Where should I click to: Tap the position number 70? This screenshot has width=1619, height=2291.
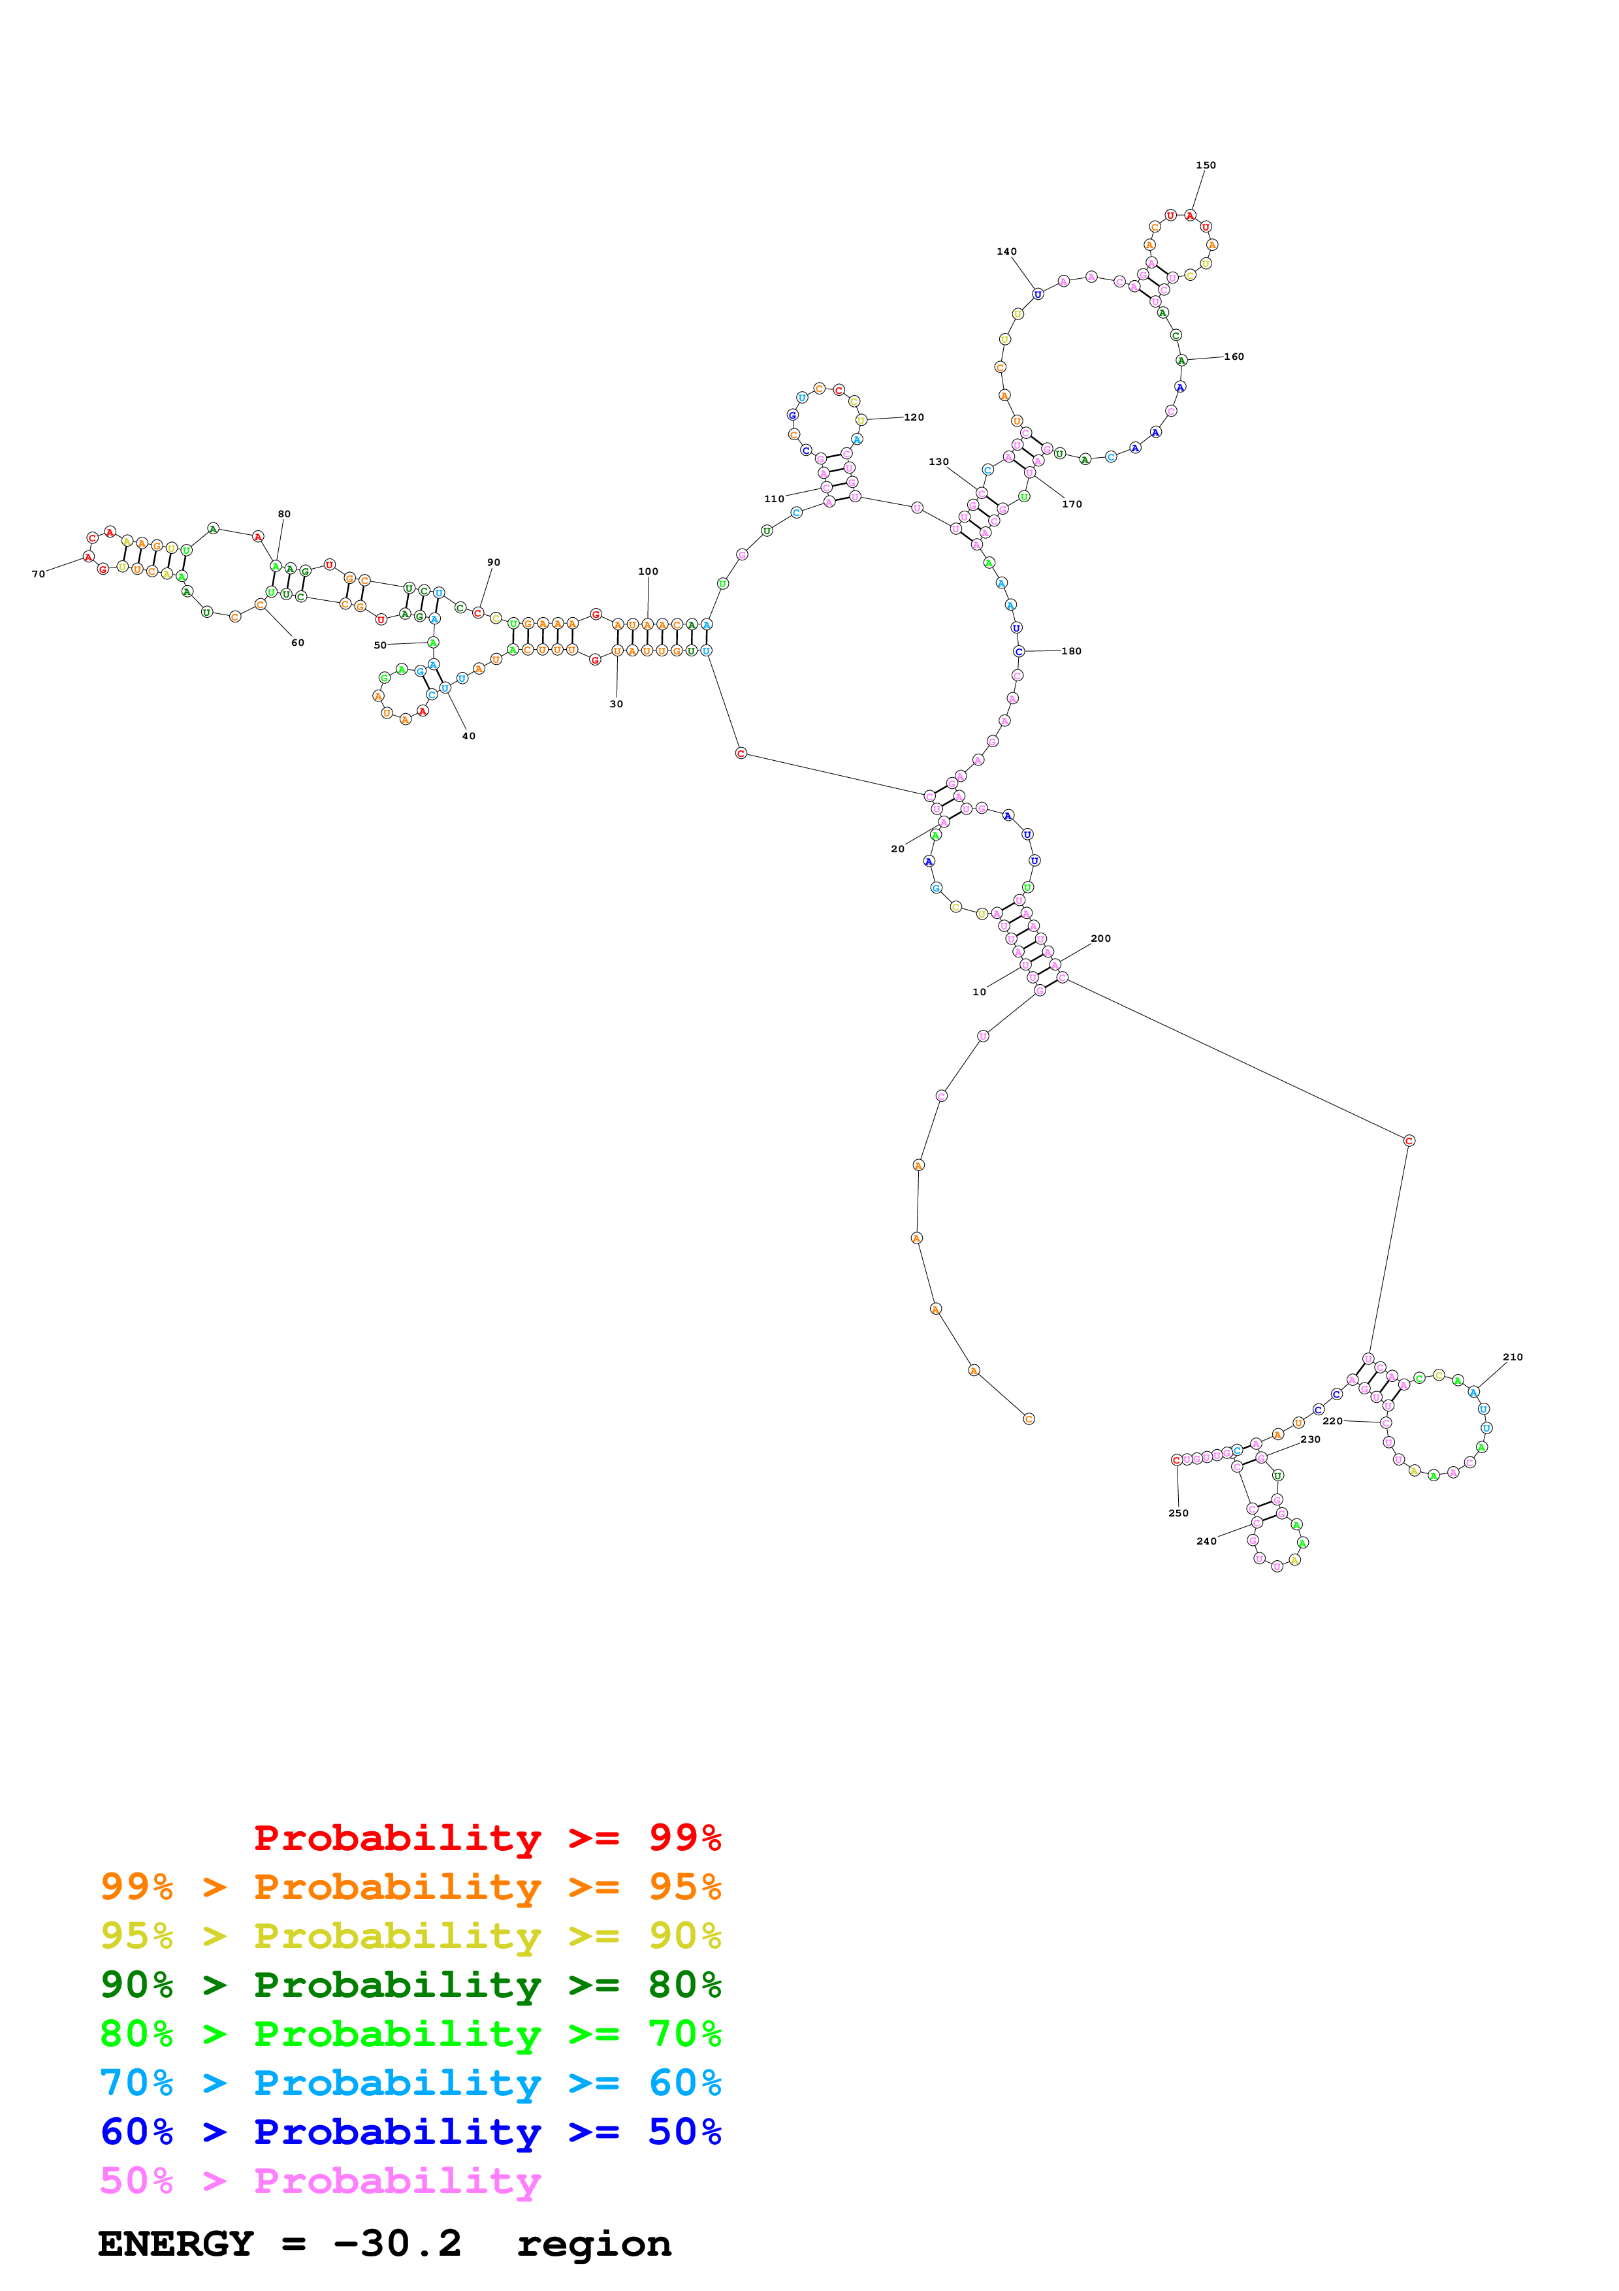38,574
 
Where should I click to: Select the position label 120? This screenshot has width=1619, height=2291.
914,417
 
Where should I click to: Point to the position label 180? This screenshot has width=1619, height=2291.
1071,650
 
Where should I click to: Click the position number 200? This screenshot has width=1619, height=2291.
1100,938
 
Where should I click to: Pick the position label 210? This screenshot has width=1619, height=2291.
1513,1357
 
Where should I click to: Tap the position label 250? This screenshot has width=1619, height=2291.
1178,1513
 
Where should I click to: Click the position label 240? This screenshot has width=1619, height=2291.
1206,1541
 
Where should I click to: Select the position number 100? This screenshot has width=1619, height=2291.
649,571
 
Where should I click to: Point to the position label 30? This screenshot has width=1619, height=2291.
617,703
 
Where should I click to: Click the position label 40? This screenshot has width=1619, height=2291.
469,735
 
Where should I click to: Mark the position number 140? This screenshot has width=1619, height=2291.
1006,251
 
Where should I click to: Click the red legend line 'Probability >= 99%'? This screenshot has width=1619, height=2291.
487,1837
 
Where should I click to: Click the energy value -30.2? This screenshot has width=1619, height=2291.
397,2244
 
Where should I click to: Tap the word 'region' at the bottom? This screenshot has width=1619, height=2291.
594,2244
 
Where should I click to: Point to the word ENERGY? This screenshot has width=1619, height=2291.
176,2244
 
